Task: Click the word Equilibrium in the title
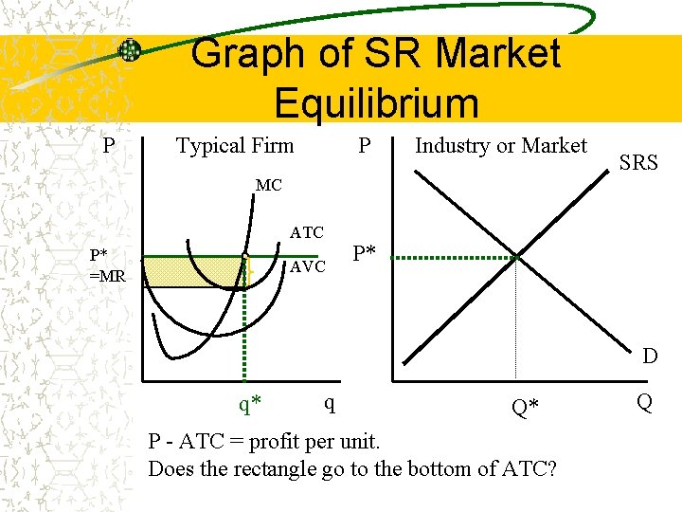pyautogui.click(x=376, y=102)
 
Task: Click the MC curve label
pyautogui.click(x=268, y=186)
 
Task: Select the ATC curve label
pyautogui.click(x=307, y=232)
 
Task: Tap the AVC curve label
pyautogui.click(x=308, y=266)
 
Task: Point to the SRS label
pyautogui.click(x=638, y=162)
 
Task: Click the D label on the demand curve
pyautogui.click(x=649, y=357)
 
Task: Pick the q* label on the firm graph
pyautogui.click(x=250, y=405)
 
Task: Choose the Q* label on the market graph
pyautogui.click(x=525, y=407)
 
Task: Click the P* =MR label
pyautogui.click(x=106, y=265)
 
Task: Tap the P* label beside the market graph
pyautogui.click(x=365, y=254)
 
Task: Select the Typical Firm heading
pyautogui.click(x=235, y=146)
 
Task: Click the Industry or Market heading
pyautogui.click(x=501, y=145)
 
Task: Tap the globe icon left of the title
pyautogui.click(x=130, y=50)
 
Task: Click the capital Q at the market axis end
pyautogui.click(x=643, y=403)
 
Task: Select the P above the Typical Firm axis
pyautogui.click(x=109, y=146)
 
